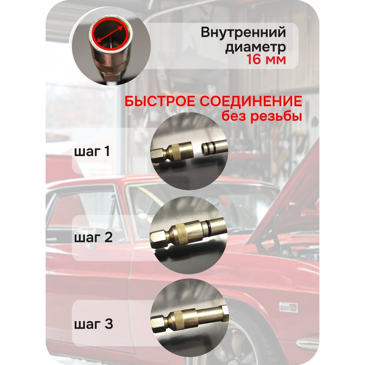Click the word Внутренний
coord(243,32)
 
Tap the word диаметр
coord(255,47)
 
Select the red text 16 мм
coord(266,59)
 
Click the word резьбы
coord(276,116)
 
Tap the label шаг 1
coord(92,151)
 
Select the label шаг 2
coord(93,238)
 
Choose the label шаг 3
coord(93,324)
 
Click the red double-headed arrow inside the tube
coord(109,34)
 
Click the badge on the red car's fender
coord(288,307)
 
